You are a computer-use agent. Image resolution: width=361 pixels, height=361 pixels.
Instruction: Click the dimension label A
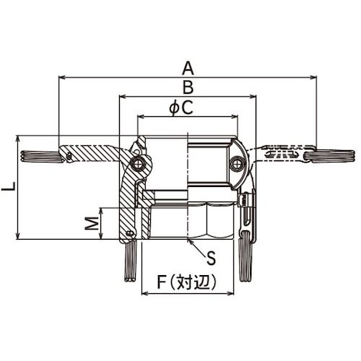[x=188, y=68]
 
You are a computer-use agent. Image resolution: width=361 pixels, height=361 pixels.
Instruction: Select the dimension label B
[x=188, y=87]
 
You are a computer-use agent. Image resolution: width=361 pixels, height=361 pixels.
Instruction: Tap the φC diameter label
[x=179, y=108]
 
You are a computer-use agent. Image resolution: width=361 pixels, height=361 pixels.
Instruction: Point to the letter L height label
[x=7, y=187]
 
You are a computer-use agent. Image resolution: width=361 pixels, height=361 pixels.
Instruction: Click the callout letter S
[x=211, y=256]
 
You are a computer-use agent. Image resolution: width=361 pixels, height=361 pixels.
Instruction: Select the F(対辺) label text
[x=187, y=283]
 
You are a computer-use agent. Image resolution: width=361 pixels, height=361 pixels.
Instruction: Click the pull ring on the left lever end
[x=36, y=155]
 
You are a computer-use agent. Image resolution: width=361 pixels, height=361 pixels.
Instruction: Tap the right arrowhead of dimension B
[x=253, y=95]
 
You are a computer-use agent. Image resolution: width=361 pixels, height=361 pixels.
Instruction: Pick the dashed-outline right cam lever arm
[x=278, y=154]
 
